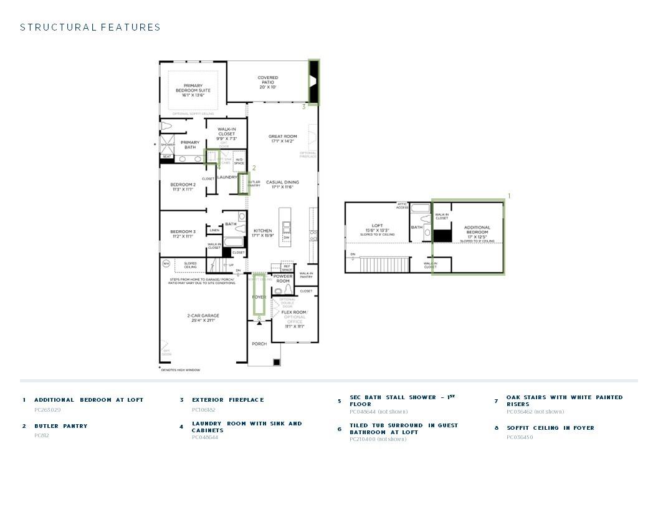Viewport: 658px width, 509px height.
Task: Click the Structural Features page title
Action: click(x=90, y=27)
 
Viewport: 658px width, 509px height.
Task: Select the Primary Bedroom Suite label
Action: click(x=193, y=90)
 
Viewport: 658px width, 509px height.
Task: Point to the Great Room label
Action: click(x=282, y=138)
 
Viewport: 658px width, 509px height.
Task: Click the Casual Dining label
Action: click(x=282, y=185)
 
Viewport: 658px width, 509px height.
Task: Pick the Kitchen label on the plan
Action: click(x=262, y=233)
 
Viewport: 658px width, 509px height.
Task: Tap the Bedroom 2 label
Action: click(x=183, y=187)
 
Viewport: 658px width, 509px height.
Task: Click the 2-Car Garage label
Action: click(x=203, y=318)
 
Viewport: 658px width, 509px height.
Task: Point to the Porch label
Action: click(x=259, y=344)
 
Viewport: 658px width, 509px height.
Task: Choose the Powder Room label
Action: click(x=283, y=278)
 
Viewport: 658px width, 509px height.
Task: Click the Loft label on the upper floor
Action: click(x=377, y=228)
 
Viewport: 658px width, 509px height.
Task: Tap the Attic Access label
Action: click(x=403, y=206)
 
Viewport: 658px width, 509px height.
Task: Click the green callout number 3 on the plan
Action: click(x=304, y=107)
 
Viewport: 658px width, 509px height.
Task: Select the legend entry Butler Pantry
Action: click(x=60, y=426)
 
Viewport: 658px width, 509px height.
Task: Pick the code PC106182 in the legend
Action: click(x=203, y=410)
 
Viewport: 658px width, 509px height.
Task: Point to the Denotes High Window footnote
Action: click(x=181, y=370)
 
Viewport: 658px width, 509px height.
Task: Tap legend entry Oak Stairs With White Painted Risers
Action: click(x=564, y=400)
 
